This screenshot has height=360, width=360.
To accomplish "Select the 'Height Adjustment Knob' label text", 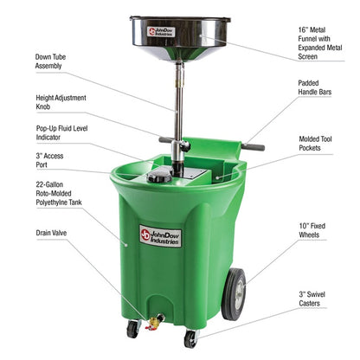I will (x=61, y=102).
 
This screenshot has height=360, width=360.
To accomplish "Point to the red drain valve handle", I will (x=153, y=323).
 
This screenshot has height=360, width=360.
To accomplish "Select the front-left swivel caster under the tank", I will (x=132, y=329).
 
